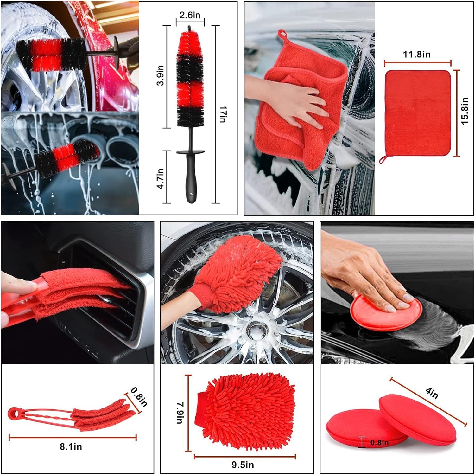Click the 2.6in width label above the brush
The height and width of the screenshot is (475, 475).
(190, 15)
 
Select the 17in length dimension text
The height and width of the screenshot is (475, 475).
(223, 114)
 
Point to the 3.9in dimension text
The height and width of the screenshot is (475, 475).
(161, 75)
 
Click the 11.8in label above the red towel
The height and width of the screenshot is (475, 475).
(416, 55)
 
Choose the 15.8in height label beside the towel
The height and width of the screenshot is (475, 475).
(464, 111)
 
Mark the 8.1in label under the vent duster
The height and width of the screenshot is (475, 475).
(71, 447)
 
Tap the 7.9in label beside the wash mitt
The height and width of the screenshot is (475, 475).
(180, 413)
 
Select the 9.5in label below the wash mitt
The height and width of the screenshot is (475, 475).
(243, 465)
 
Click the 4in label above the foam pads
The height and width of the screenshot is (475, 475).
(432, 393)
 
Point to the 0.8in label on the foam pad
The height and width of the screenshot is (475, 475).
(379, 442)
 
